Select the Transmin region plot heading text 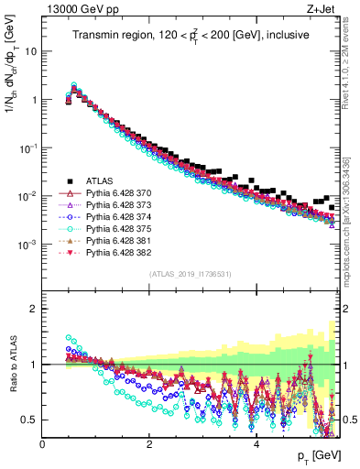tap(190, 34)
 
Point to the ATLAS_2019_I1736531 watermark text tap(190, 275)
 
